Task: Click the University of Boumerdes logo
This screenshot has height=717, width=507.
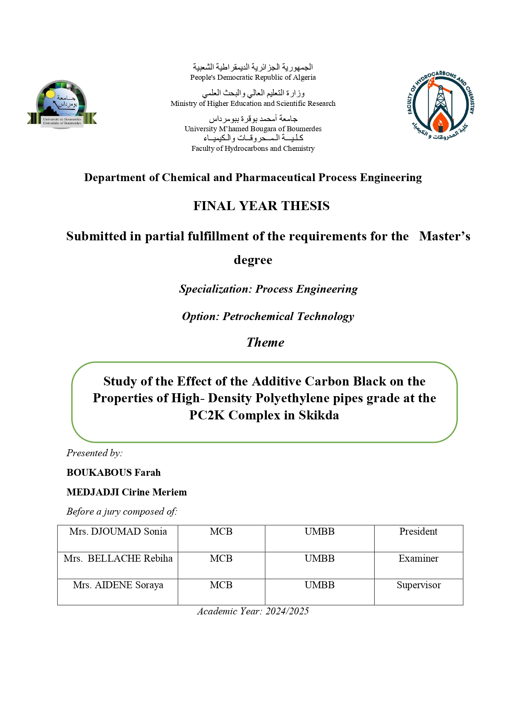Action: [62, 104]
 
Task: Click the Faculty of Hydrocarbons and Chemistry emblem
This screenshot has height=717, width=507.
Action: [440, 105]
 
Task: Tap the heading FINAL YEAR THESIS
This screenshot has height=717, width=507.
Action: [261, 206]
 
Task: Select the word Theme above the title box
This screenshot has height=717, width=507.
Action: [265, 342]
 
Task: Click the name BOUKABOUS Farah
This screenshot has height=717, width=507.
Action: [114, 473]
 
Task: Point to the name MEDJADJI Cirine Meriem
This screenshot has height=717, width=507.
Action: [127, 492]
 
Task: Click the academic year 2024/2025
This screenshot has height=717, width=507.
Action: [287, 611]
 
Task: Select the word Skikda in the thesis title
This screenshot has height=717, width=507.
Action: [319, 415]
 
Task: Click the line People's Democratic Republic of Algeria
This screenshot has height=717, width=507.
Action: [253, 77]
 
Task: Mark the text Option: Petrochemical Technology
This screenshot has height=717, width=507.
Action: [268, 316]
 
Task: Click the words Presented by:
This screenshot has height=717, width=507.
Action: [94, 453]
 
